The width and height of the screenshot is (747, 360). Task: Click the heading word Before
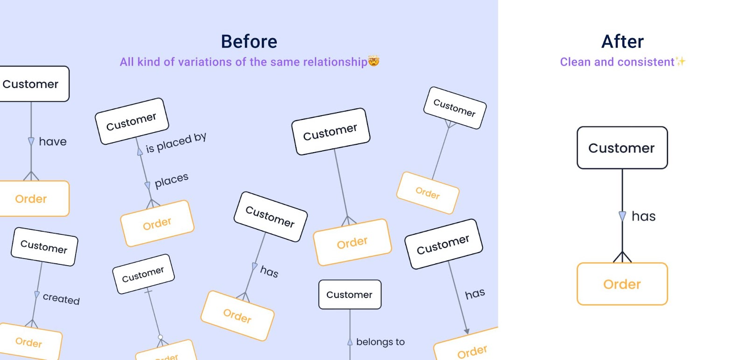249,42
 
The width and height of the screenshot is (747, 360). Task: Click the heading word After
622,42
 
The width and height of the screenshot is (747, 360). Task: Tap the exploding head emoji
374,61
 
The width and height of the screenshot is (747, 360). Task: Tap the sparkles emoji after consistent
681,62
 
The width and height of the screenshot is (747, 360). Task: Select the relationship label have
52,141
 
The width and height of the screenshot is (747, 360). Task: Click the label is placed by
176,143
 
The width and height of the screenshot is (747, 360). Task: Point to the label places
171,181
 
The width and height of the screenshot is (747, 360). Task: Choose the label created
61,298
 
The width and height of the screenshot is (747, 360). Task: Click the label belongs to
380,342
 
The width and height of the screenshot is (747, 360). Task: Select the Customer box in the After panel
622,148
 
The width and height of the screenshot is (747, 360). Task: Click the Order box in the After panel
622,284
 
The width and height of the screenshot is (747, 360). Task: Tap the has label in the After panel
643,216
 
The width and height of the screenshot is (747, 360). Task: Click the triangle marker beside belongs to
350,342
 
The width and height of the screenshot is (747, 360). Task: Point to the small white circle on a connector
161,337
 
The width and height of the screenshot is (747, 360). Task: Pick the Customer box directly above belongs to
350,295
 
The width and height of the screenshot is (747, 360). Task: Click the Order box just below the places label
157,224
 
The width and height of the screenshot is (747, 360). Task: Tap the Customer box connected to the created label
44,247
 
